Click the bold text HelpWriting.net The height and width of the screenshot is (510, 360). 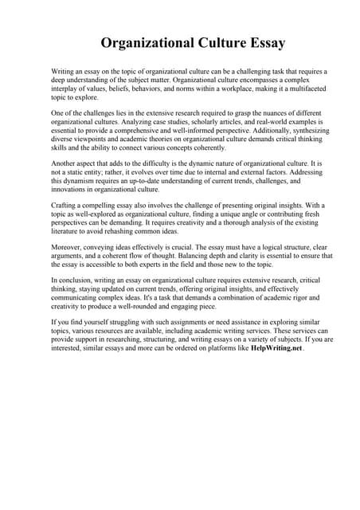tap(276, 349)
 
